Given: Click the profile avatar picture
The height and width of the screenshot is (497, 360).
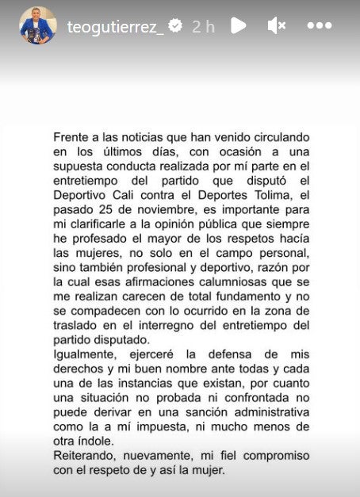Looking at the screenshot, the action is pyautogui.click(x=38, y=25).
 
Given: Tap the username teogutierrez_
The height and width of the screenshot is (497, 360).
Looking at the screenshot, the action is pyautogui.click(x=116, y=25).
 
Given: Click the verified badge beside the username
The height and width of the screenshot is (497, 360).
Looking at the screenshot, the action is pyautogui.click(x=175, y=25).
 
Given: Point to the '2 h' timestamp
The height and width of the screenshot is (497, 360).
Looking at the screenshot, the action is pyautogui.click(x=204, y=25).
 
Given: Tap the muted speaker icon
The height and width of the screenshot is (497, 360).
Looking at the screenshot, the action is pyautogui.click(x=276, y=25).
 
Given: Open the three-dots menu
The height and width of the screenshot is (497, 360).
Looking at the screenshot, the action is pyautogui.click(x=319, y=25).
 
